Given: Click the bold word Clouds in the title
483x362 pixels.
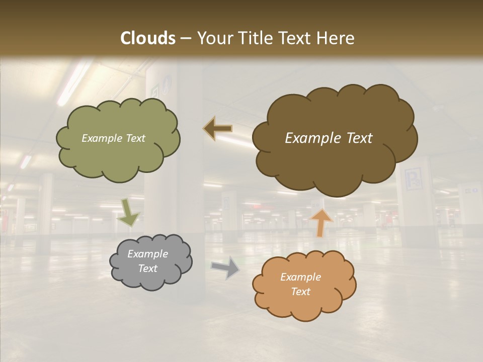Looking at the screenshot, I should point(148,38).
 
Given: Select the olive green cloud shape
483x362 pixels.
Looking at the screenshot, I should point(118,156).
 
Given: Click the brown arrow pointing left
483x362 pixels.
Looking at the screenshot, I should point(217,129).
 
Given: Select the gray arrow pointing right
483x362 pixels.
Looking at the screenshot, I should point(226,268).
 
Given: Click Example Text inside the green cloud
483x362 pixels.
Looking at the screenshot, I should point(113,138).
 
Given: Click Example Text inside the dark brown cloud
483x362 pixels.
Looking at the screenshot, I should point(329,138).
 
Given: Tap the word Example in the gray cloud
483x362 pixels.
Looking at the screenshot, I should point(147,254).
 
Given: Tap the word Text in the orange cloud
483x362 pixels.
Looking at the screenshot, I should point(301,292).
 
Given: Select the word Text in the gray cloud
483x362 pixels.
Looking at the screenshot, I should point(147,268).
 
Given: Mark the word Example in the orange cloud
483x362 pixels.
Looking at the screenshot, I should point(300,277).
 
